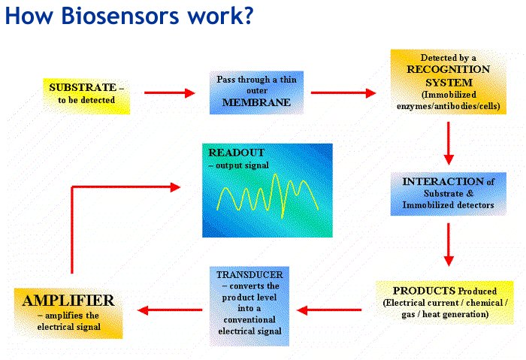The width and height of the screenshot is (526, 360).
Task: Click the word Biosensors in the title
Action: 121,16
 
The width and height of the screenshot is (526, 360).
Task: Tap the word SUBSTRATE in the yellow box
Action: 83,88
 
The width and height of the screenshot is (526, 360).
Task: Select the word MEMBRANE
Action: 256,102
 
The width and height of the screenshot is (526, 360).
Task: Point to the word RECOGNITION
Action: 448,69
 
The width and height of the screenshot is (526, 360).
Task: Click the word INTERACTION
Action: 443,182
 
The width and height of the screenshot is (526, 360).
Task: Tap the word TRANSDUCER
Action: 249,275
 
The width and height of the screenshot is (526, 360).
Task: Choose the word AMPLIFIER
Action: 68,301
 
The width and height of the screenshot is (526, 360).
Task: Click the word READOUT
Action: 236,153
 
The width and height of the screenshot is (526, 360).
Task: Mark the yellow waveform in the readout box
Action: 268,196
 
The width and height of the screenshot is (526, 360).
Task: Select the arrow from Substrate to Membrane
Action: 169,93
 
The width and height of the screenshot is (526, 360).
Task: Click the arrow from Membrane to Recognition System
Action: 343,93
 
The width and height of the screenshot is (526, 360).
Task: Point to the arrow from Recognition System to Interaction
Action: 449,144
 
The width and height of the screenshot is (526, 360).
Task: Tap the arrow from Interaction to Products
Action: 449,244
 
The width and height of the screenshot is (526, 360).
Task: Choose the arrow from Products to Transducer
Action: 329,310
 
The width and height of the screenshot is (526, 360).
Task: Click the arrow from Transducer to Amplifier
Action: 170,310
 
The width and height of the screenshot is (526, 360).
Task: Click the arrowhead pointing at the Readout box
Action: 175,187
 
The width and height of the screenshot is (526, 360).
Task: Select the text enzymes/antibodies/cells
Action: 448,107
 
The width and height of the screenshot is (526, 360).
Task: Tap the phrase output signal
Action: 242,165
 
